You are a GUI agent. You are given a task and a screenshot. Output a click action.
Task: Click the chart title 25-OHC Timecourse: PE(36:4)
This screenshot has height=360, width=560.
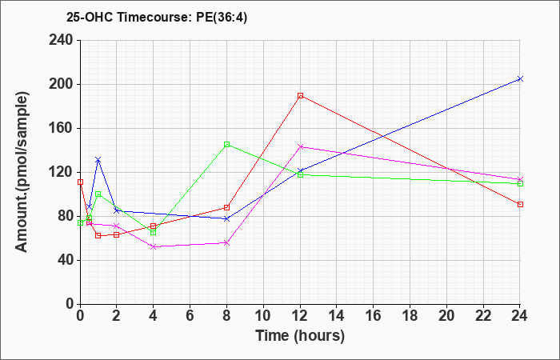tap(157, 18)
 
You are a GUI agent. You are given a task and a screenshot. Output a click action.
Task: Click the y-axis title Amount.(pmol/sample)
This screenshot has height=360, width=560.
tap(22, 173)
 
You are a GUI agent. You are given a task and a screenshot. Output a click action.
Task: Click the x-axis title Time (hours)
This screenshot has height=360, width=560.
tap(300, 336)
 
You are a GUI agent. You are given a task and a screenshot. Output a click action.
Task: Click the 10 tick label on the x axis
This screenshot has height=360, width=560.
tap(263, 316)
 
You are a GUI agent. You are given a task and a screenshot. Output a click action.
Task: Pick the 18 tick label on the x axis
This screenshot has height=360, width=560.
tap(410, 316)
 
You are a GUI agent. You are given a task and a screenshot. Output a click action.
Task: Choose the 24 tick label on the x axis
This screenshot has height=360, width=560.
tap(519, 316)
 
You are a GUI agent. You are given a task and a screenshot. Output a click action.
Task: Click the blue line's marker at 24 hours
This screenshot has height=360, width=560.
tap(520, 79)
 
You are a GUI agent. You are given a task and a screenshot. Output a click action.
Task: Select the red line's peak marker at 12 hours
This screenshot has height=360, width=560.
tap(300, 96)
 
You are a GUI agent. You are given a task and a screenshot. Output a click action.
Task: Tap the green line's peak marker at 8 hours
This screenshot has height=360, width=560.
tap(226, 145)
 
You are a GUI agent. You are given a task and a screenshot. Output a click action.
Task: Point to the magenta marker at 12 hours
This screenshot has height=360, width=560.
tap(300, 146)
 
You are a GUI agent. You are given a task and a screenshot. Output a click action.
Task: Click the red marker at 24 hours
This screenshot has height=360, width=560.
tap(520, 204)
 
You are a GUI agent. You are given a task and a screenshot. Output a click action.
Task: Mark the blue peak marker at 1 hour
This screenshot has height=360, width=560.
tap(98, 160)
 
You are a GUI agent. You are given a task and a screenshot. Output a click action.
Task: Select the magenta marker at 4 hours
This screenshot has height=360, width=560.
tap(154, 246)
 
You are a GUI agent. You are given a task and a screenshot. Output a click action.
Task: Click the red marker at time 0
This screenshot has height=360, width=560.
tap(80, 182)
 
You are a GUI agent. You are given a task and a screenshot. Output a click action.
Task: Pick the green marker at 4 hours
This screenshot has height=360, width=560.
tap(154, 233)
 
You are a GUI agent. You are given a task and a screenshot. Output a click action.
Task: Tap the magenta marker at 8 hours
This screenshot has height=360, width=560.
tap(226, 243)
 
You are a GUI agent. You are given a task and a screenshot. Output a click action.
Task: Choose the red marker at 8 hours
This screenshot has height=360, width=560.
tap(226, 207)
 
